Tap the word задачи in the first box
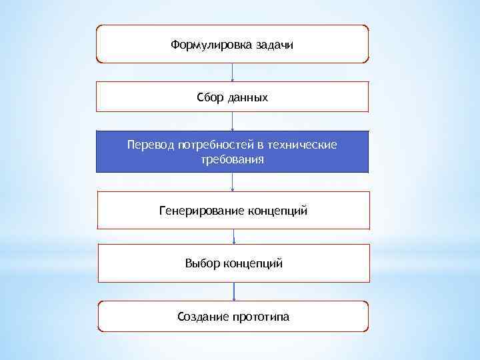click(274, 45)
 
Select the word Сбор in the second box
click(210, 98)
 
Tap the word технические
click(303, 145)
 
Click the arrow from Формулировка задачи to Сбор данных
click(232, 72)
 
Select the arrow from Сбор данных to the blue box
click(232, 121)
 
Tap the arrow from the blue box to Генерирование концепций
click(233, 182)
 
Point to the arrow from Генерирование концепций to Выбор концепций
click(233, 237)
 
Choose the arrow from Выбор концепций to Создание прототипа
click(234, 291)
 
